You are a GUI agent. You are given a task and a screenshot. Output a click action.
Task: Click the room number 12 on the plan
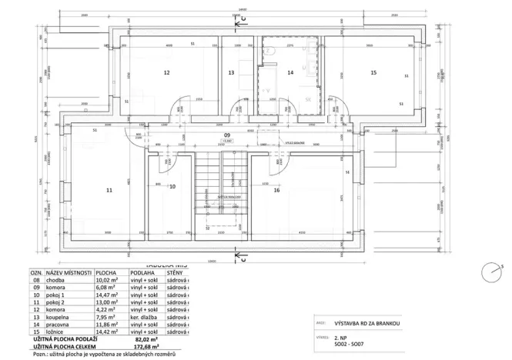tap(166, 73)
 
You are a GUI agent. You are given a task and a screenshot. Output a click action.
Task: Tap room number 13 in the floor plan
tap(231, 73)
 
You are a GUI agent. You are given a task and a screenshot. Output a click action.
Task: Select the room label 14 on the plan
tap(290, 73)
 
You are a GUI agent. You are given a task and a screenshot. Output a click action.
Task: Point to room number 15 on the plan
tap(373, 73)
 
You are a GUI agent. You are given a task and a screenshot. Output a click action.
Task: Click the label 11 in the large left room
tap(110, 189)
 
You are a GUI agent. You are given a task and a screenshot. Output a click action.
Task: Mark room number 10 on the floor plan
tap(172, 187)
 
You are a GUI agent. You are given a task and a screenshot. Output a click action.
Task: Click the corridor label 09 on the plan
tap(227, 134)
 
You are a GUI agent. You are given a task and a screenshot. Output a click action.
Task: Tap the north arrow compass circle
tap(490, 272)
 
